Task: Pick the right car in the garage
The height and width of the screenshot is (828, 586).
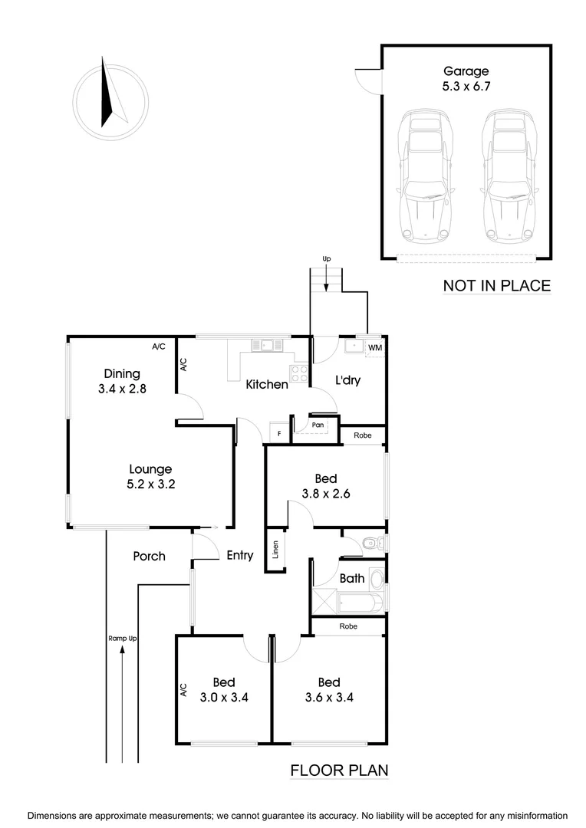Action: click(x=505, y=179)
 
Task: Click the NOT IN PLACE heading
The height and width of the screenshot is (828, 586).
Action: click(x=496, y=286)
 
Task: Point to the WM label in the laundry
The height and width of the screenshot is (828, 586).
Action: click(x=375, y=348)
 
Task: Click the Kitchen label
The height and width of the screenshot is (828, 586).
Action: click(x=266, y=384)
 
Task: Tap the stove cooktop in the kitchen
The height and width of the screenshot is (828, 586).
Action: click(x=298, y=374)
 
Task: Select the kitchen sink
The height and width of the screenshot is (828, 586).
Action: click(x=268, y=346)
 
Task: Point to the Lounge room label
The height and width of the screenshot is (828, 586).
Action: click(x=150, y=469)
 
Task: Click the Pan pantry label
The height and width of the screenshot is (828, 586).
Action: click(x=318, y=425)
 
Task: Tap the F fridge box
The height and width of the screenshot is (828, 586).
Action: click(x=279, y=434)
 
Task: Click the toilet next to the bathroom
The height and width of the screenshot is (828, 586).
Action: click(x=371, y=544)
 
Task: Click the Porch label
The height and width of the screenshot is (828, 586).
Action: click(x=149, y=556)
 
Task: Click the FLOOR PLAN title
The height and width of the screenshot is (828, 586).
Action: click(x=339, y=770)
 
